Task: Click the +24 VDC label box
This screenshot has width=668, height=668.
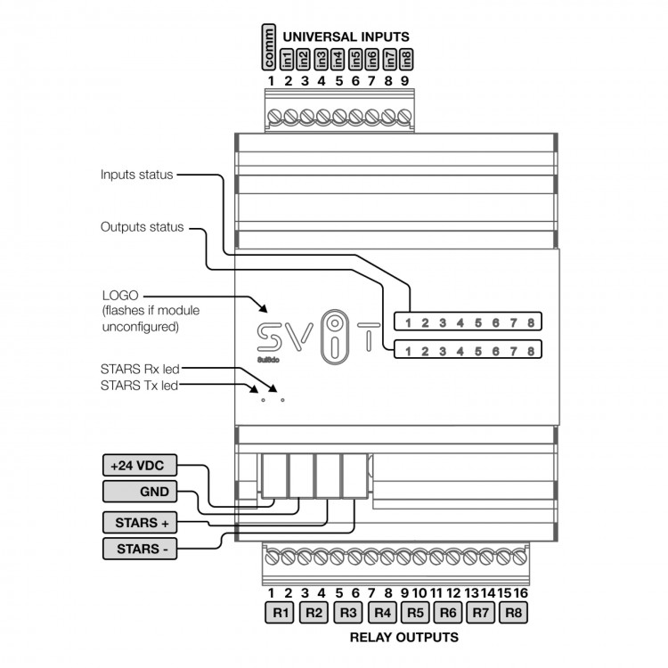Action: pos(141,465)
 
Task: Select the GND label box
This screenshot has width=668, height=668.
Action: pos(141,492)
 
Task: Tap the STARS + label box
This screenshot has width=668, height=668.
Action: pos(141,520)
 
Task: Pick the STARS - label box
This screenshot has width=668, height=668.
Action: pos(141,549)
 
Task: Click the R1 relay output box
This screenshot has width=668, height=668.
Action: pos(280,613)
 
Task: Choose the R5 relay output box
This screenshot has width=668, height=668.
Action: pos(416,613)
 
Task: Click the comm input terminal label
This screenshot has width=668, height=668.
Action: pos(271,48)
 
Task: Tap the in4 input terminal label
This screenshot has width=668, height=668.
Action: pos(338,59)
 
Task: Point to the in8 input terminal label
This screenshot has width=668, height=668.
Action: pos(406,59)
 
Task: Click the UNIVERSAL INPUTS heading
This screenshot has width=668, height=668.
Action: pos(346,37)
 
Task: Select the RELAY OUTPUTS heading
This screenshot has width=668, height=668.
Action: pos(404,638)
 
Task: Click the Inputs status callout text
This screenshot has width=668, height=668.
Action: pos(136,175)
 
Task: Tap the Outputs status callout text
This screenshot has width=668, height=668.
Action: pos(142,227)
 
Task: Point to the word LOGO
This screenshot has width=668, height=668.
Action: pos(120,294)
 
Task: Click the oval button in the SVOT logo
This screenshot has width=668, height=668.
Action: pos(332,335)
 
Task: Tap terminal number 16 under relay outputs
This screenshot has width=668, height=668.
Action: pos(520,593)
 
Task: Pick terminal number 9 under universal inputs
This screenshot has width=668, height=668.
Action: pos(405,81)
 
